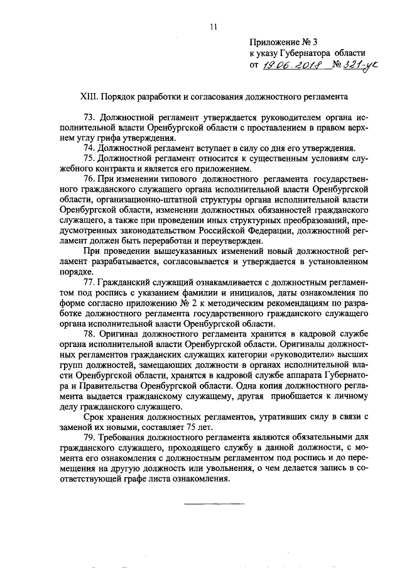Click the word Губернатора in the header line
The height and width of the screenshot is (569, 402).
point(304,54)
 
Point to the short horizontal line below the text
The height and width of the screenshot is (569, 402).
point(213,505)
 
